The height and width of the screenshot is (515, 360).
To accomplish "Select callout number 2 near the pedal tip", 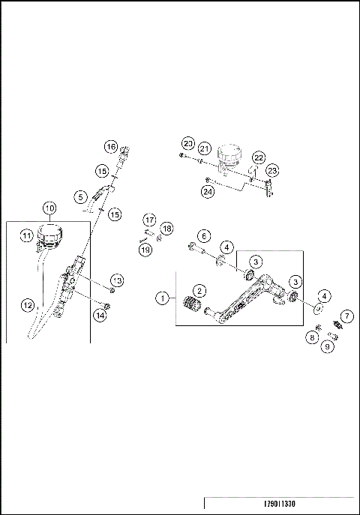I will (x=199, y=290).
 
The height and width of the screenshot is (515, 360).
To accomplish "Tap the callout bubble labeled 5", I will (x=80, y=196).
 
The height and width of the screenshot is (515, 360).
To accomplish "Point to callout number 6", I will (x=205, y=235).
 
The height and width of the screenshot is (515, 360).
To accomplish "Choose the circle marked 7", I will (x=347, y=316).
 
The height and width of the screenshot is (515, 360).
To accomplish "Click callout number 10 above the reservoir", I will (x=49, y=208).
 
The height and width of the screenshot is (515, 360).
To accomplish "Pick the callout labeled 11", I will (x=25, y=237).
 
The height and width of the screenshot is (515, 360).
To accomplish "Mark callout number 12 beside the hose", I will (x=28, y=305).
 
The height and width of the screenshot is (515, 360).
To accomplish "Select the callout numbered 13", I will (x=117, y=280).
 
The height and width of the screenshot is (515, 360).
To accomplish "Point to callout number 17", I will (x=150, y=220).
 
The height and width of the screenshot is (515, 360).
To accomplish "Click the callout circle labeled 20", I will (x=187, y=143).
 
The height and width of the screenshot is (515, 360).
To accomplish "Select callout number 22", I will (x=258, y=157).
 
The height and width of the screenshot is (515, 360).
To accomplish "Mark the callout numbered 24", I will (x=207, y=191).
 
